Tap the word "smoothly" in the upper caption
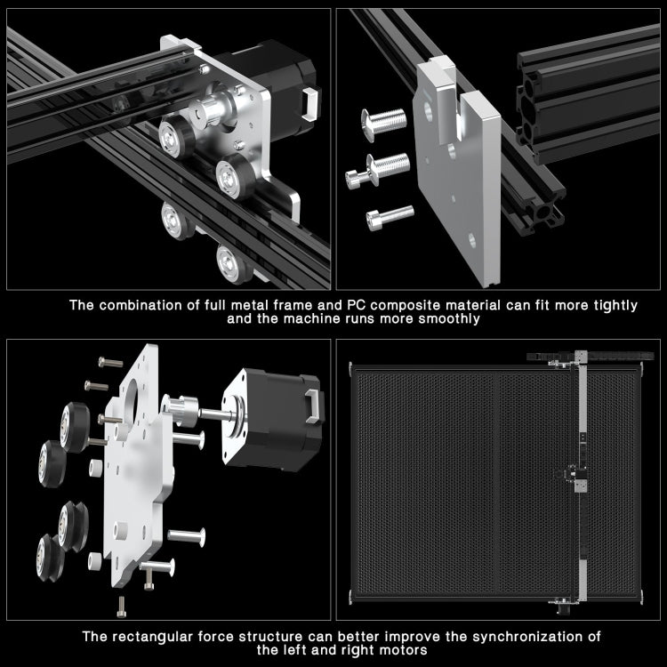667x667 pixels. coord(449,318)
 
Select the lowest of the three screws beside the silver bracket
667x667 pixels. coord(390,216)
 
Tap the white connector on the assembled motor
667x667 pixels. coord(308,105)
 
